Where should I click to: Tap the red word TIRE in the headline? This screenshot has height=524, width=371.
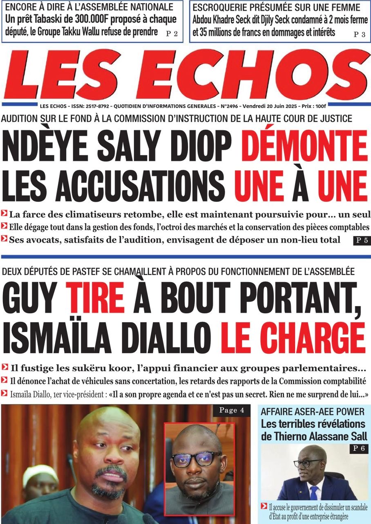(x=95, y=299)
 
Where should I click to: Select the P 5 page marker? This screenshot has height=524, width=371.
(x=361, y=240)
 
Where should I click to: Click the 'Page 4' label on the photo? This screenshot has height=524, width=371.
(x=232, y=410)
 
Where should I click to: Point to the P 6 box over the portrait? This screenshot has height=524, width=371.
(x=359, y=449)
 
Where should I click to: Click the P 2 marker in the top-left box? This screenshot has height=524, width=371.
(x=172, y=34)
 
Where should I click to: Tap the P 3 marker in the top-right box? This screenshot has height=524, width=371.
(x=360, y=34)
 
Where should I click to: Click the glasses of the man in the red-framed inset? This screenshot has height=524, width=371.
(x=197, y=458)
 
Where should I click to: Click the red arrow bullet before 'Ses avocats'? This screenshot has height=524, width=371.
(x=4, y=239)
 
